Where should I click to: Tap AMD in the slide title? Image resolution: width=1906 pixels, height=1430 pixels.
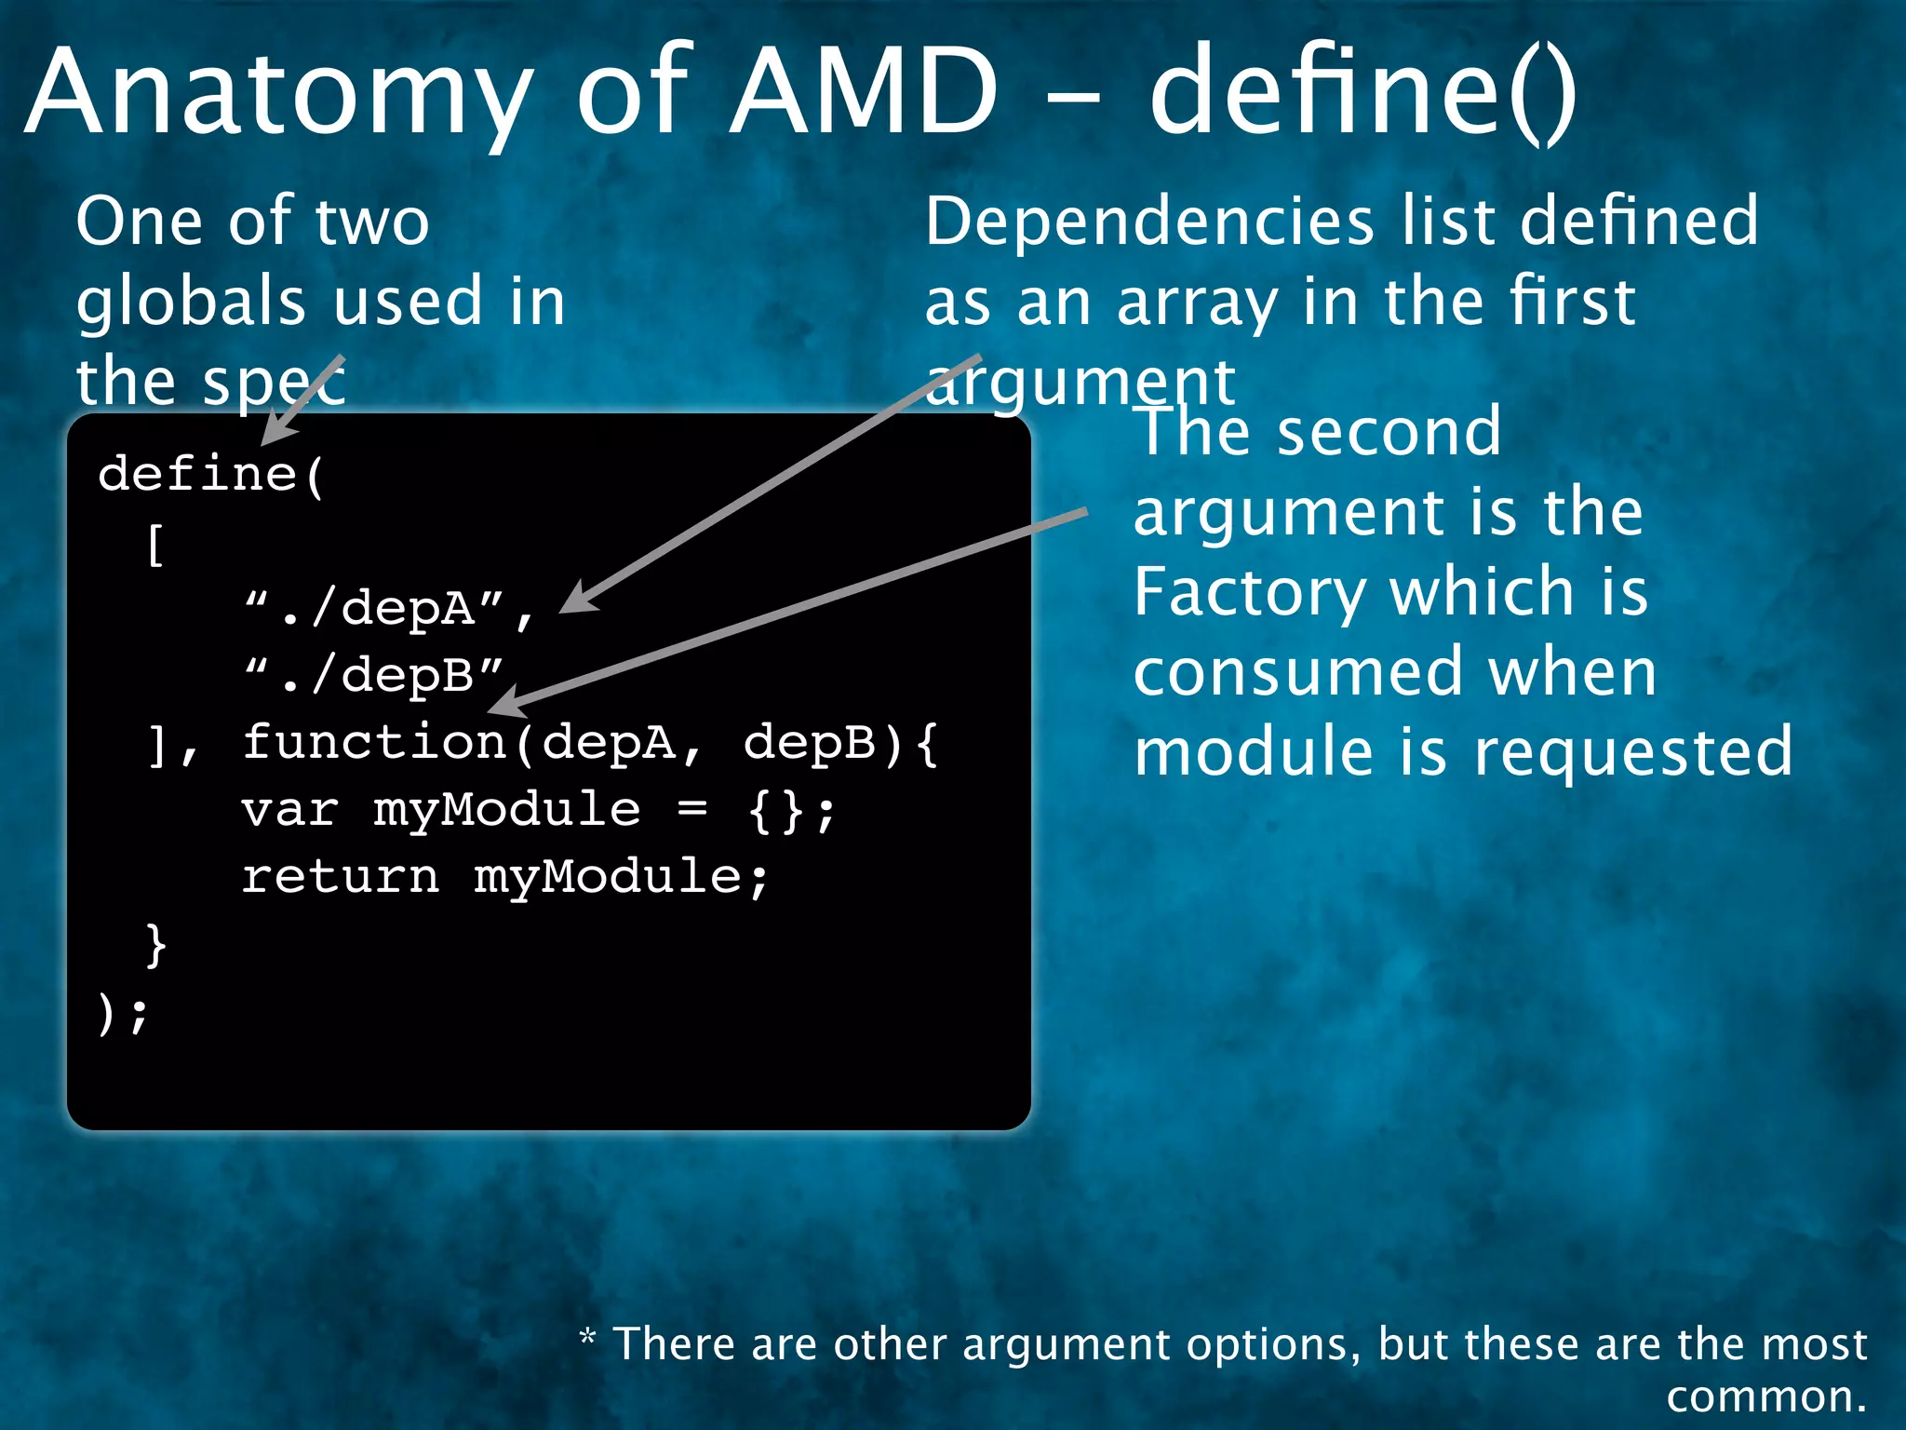[862, 91]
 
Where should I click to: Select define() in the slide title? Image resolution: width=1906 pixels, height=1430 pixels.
[1362, 91]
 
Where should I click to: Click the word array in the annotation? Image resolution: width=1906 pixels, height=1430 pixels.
[1197, 304]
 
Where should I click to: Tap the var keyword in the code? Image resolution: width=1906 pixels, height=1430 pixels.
[289, 810]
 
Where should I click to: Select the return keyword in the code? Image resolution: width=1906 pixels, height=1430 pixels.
[340, 877]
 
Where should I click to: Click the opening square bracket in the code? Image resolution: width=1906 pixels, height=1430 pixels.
[155, 544]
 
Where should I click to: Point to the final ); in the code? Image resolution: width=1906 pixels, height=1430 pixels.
[122, 1013]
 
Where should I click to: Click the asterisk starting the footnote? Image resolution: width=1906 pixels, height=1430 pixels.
[587, 1339]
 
